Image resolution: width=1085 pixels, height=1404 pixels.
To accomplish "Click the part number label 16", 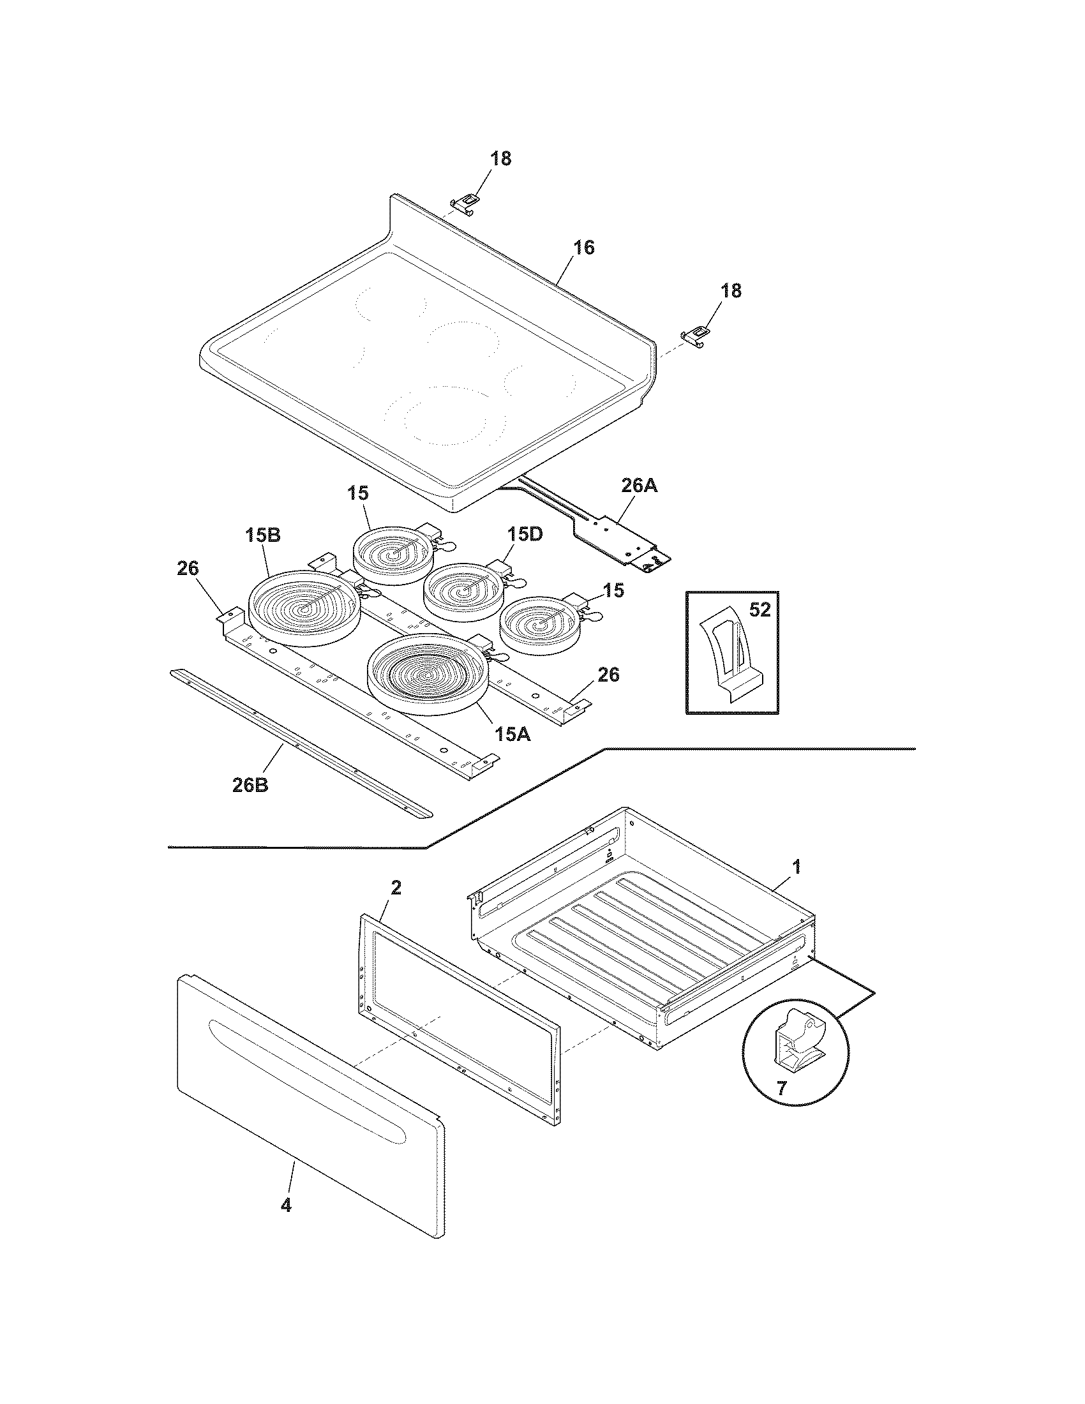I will [583, 248].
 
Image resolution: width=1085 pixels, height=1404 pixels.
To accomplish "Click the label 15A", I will [513, 733].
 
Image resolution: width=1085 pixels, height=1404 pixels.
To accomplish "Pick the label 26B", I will [250, 785].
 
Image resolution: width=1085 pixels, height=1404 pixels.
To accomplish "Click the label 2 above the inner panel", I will [396, 888].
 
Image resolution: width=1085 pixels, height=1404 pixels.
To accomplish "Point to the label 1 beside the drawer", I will [797, 867].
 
